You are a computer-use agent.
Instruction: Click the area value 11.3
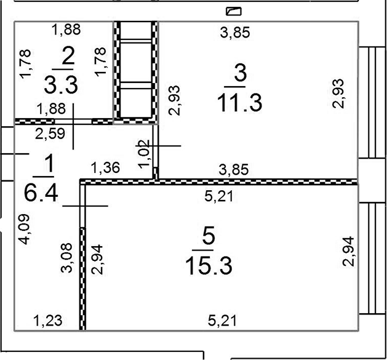coord(239,103)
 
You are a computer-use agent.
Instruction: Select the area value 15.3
coord(209,265)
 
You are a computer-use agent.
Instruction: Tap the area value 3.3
coord(61,85)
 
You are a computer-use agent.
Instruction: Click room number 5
coord(208,236)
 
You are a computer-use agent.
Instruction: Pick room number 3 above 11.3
coord(240,73)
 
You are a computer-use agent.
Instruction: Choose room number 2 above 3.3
coord(68,55)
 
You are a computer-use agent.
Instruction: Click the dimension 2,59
coord(50,134)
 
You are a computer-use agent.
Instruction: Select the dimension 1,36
coord(105,167)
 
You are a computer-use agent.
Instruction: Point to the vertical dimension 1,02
coord(144,154)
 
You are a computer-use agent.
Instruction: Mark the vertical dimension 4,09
coord(25,229)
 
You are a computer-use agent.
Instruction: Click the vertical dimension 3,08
coord(66,258)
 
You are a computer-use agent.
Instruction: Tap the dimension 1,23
coord(47,321)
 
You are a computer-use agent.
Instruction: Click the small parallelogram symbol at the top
coord(233,11)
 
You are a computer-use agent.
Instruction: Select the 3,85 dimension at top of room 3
coord(235,33)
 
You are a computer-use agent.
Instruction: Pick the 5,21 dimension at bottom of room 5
coord(222,321)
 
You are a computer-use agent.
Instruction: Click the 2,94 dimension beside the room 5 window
coord(348,252)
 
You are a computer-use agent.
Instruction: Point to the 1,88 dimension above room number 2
coord(66,30)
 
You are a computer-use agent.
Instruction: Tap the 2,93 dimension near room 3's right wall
coord(338,94)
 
